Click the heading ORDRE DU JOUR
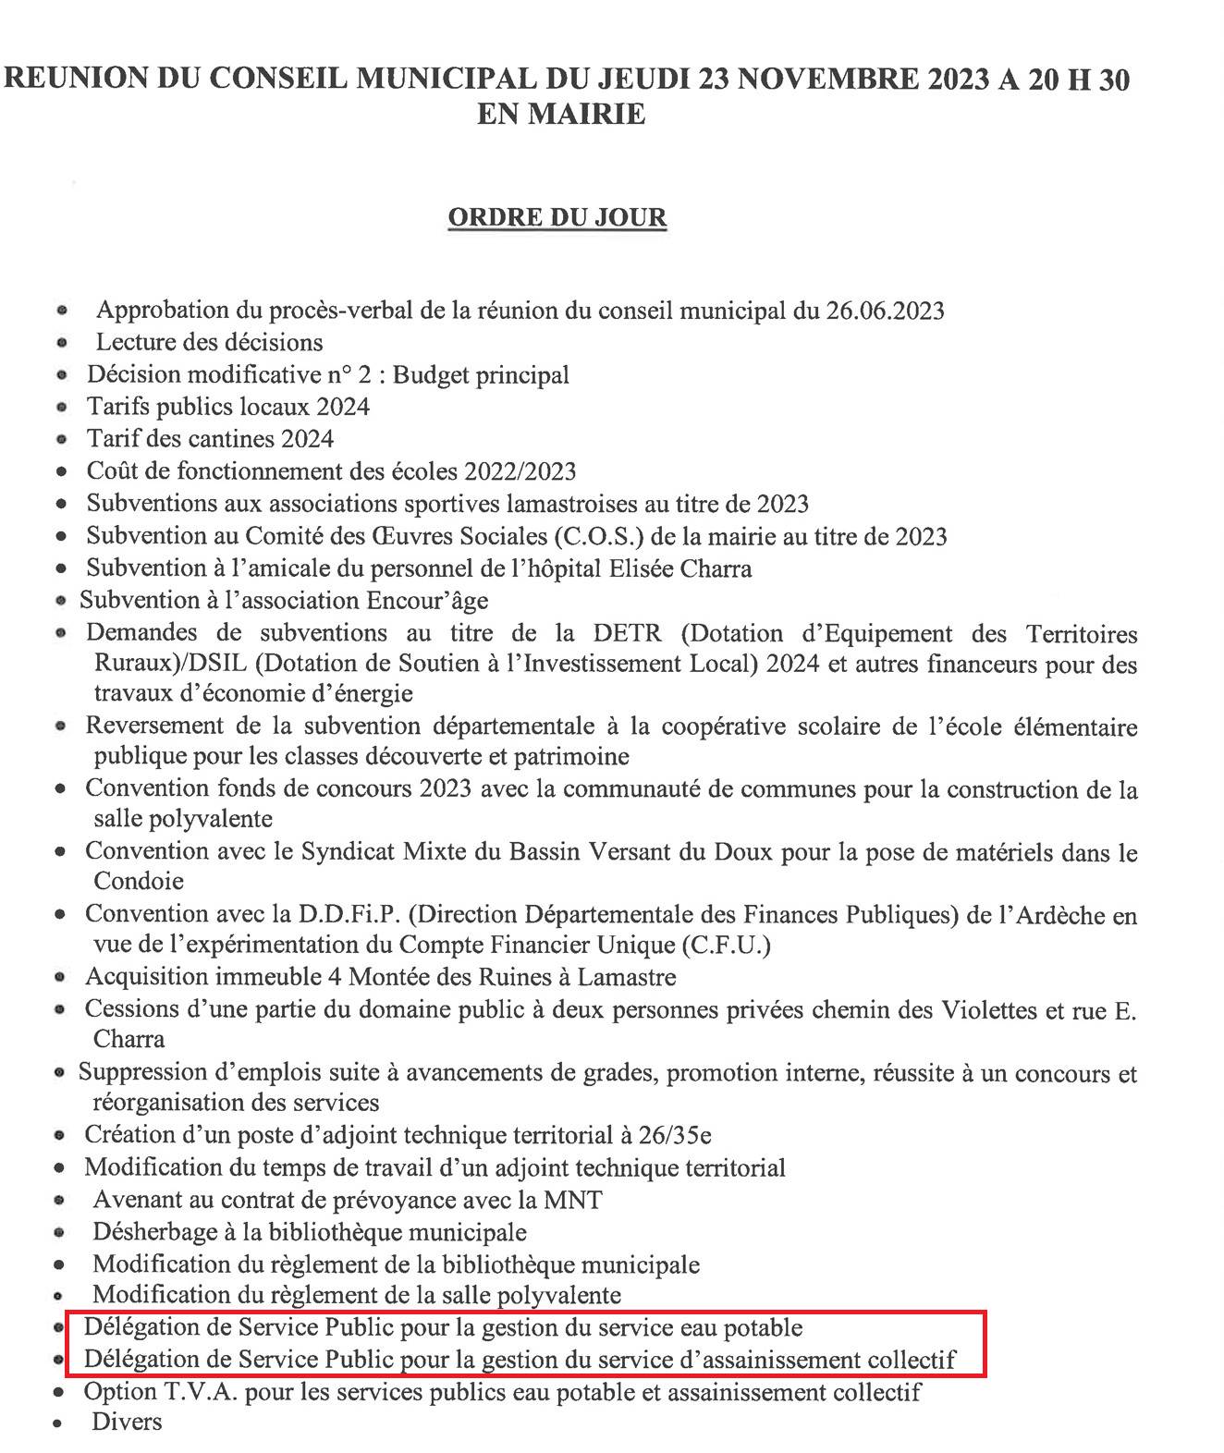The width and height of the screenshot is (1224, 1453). (557, 217)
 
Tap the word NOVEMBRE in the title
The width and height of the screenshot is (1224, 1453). (827, 79)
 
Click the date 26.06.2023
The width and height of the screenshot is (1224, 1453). (885, 311)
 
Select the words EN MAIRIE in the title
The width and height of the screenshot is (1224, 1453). (561, 115)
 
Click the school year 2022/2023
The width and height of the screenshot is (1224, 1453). (520, 471)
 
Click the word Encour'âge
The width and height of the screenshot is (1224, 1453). (427, 601)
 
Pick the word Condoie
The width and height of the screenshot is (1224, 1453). (139, 881)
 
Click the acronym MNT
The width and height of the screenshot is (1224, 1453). (573, 1200)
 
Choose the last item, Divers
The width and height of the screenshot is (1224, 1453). (127, 1422)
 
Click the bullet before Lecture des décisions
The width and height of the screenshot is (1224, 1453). (62, 343)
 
